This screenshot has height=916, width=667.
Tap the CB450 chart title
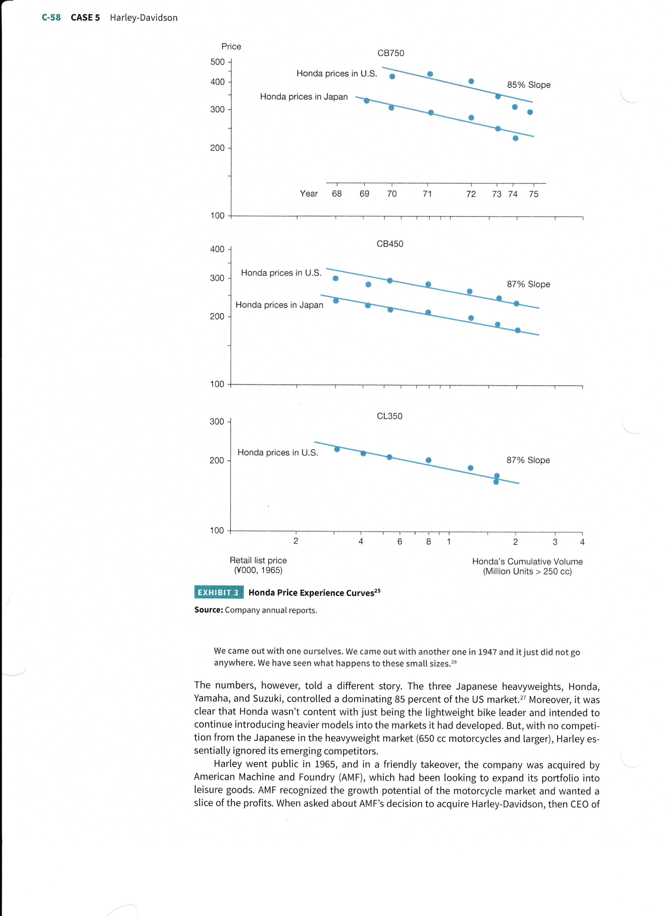pyautogui.click(x=389, y=244)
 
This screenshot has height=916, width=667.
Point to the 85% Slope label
pyautogui.click(x=528, y=85)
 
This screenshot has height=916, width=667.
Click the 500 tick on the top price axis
pyautogui.click(x=217, y=62)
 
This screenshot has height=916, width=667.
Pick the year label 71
pyautogui.click(x=427, y=194)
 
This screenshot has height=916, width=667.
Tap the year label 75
pyautogui.click(x=533, y=194)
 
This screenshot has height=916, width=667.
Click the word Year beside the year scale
pyautogui.click(x=309, y=193)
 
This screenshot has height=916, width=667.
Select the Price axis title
pyautogui.click(x=231, y=47)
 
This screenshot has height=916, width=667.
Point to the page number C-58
pyautogui.click(x=51, y=17)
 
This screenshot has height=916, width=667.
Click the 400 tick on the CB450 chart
pyautogui.click(x=217, y=249)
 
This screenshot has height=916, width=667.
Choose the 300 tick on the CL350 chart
pyautogui.click(x=217, y=421)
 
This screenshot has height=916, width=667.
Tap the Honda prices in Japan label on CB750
pyautogui.click(x=304, y=96)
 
